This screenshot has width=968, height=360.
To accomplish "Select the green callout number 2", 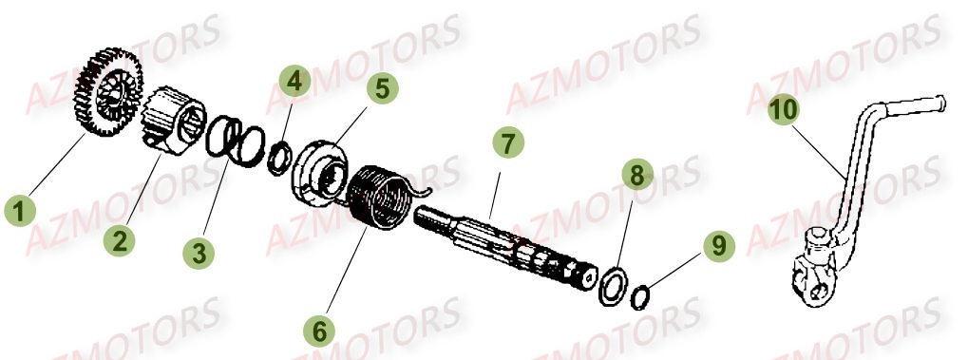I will pyautogui.click(x=119, y=240).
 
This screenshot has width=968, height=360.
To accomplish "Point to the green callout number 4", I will pyautogui.click(x=295, y=83).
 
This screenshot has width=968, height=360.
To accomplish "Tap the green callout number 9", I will pyautogui.click(x=718, y=244).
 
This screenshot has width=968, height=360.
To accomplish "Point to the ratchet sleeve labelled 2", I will pyautogui.click(x=176, y=123).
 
